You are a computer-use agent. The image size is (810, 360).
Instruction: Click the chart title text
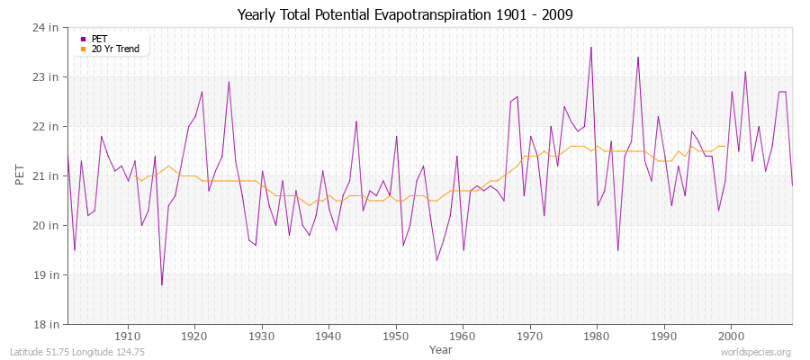(x=404, y=14)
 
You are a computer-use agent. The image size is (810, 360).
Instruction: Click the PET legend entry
(x=99, y=39)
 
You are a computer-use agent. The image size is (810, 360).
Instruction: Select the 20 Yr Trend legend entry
(x=115, y=49)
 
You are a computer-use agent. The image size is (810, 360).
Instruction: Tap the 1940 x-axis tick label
(x=328, y=336)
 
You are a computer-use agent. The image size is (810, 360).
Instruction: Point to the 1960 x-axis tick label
(x=463, y=336)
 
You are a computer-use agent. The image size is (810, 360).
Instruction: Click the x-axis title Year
(x=441, y=348)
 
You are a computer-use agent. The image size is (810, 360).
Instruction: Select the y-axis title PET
(x=20, y=175)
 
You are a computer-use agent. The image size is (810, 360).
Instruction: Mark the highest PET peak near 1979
(x=590, y=47)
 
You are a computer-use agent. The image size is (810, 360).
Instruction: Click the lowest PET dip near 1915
(x=162, y=284)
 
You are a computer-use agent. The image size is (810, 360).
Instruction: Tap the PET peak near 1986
(x=638, y=57)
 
